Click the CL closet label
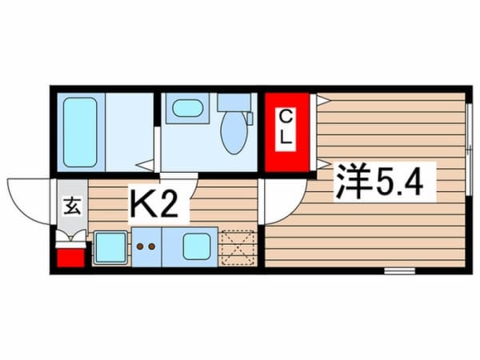(286, 129)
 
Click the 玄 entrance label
(72, 206)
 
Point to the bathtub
(81, 132)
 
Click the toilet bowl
(234, 132)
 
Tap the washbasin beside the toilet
(187, 108)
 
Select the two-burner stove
(146, 246)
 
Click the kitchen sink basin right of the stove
(197, 246)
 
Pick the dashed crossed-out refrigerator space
(238, 247)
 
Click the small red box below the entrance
(70, 258)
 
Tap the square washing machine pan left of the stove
(110, 247)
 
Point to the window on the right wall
(469, 149)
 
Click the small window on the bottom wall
(399, 270)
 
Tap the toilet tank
(234, 102)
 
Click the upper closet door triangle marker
(323, 100)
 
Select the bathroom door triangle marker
(145, 166)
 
